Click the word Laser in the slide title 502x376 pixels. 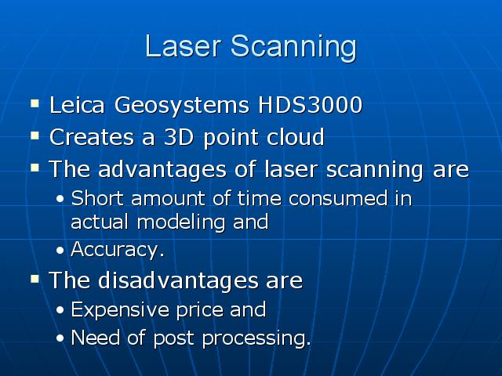click(183, 45)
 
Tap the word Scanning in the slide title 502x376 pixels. click(293, 49)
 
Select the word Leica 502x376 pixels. click(77, 104)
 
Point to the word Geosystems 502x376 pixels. click(181, 106)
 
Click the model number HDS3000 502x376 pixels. click(310, 105)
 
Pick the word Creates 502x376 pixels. click(92, 137)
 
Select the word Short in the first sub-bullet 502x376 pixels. click(97, 198)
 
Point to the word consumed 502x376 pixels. click(338, 198)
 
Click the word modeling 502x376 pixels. click(181, 222)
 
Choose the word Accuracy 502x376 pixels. click(117, 249)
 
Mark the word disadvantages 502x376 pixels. click(178, 280)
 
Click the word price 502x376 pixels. click(200, 310)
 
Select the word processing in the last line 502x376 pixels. click(256, 338)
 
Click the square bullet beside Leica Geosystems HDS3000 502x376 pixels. click(35, 103)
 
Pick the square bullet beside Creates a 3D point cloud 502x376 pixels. click(35, 136)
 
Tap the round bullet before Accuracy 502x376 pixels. click(60, 251)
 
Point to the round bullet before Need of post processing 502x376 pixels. click(60, 338)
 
